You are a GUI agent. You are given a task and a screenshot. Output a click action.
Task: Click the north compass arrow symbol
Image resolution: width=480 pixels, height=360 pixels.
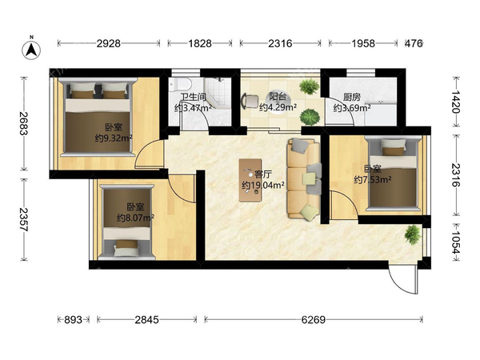click(31, 49)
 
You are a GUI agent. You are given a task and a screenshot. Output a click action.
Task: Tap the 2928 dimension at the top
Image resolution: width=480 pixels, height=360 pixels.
click(109, 43)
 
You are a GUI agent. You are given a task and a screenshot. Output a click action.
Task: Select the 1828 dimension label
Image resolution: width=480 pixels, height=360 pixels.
click(199, 43)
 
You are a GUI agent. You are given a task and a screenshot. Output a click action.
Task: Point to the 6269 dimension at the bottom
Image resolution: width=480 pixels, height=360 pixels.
click(313, 319)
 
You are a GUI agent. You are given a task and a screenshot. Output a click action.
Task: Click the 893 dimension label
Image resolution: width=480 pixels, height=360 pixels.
click(73, 319)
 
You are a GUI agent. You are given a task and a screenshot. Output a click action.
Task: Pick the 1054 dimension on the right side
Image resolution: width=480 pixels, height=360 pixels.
click(456, 242)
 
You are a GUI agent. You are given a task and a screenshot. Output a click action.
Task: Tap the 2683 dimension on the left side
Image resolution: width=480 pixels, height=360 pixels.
click(23, 123)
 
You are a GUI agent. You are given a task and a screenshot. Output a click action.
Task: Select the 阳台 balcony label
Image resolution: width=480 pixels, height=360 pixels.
click(278, 97)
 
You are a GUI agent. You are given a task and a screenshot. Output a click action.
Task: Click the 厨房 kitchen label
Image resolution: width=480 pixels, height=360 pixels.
click(352, 98)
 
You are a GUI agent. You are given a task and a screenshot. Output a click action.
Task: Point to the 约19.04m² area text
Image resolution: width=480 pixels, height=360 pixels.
click(263, 186)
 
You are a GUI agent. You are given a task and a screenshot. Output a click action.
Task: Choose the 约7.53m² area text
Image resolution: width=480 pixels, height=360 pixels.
click(373, 179)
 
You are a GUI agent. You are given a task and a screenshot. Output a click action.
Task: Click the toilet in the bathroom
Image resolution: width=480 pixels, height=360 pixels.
click(181, 84)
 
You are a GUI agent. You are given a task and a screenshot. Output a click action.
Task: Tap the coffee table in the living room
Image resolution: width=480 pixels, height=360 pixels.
click(250, 180)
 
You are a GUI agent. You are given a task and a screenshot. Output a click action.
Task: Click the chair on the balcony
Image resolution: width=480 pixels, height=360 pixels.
click(250, 101)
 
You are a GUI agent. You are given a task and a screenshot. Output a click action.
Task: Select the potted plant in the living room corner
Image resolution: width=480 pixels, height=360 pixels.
click(412, 234)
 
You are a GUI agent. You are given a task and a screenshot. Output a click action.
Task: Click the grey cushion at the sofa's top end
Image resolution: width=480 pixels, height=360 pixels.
click(299, 145)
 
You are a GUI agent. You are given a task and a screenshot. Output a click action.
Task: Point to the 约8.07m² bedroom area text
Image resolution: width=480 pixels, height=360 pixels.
click(135, 218)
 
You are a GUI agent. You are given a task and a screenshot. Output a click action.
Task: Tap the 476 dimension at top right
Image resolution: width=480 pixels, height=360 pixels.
click(414, 43)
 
